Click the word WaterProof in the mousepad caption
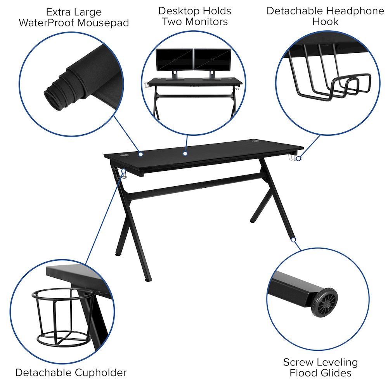point(46,23)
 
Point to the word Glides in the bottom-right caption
point(333,373)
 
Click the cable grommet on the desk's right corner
point(256,142)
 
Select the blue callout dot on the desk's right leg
point(294,240)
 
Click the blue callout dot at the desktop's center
point(185,154)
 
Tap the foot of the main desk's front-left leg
point(146,278)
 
